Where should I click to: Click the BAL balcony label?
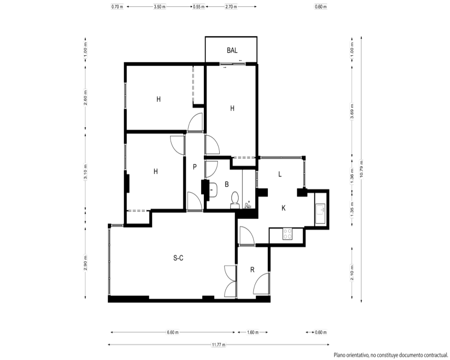coord(232,50)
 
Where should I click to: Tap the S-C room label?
coord(178,258)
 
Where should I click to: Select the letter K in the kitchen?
coord(283,208)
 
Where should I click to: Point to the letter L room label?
coord(280,174)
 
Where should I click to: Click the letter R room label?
coord(252,270)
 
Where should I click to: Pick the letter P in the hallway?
coord(194,167)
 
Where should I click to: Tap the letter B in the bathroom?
coord(226,184)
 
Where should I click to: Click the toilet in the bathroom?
coord(235,200)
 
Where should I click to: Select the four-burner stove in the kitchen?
coord(287,234)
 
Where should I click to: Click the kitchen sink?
coord(320,214)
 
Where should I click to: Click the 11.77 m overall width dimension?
coord(218,345)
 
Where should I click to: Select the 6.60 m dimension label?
coord(172,333)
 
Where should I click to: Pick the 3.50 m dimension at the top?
coord(160,7)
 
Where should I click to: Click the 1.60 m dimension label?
coord(252,333)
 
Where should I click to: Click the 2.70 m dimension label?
coord(231,7)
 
